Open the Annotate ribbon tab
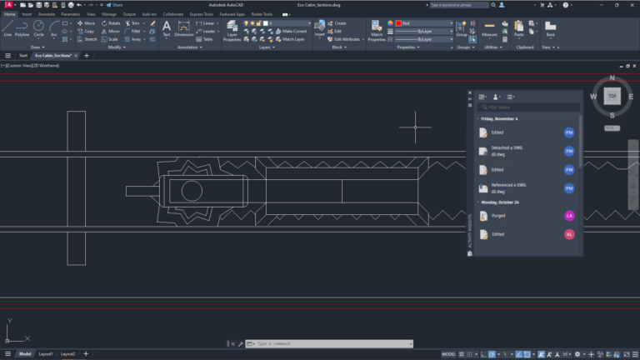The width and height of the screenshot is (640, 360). pos(47,14)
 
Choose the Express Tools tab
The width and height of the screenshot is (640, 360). pos(201,14)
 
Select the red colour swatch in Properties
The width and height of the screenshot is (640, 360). pos(398,23)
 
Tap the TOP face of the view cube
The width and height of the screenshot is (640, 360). pos(612,96)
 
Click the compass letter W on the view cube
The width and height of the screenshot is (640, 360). pos(594,96)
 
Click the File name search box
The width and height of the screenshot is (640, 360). pos(532,107)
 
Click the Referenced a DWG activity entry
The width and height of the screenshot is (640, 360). pos(503,187)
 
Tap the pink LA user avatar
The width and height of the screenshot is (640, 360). pos(569,215)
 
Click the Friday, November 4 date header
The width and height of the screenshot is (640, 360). pos(499,119)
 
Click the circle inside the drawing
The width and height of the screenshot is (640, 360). pos(192,190)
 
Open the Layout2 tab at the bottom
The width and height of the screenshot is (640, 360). pos(67,354)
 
